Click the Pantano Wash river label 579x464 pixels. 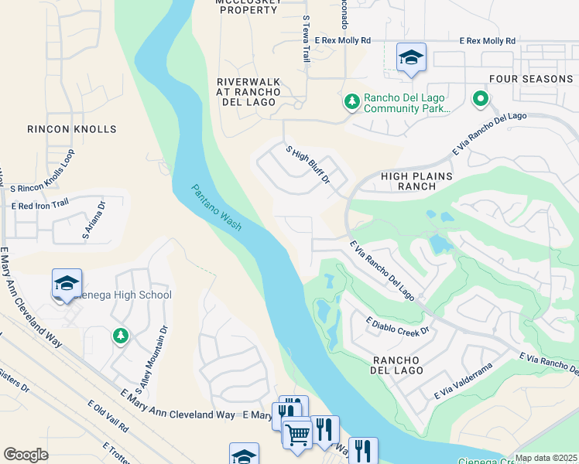click(x=217, y=207)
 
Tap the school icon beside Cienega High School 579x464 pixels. click(x=67, y=283)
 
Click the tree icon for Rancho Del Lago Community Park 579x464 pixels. click(x=351, y=101)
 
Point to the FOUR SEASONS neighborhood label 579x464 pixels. click(x=531, y=79)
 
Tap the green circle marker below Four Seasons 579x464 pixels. click(x=480, y=98)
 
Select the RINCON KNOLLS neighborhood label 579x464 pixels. click(x=71, y=129)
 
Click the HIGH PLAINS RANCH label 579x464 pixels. click(x=416, y=181)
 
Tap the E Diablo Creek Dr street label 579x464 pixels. click(x=397, y=326)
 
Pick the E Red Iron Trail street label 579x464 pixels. click(x=40, y=204)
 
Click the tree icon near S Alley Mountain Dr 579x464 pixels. click(x=119, y=336)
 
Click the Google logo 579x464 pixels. click(x=25, y=455)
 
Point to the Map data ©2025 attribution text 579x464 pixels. click(x=546, y=458)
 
